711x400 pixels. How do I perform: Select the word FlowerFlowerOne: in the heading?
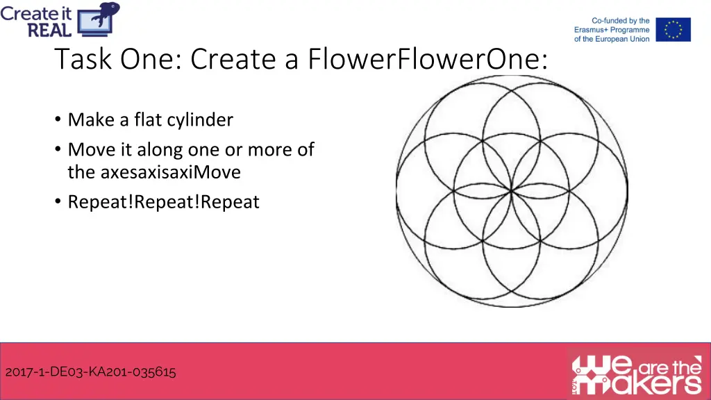(x=426, y=60)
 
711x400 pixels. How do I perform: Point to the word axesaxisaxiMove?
(x=171, y=172)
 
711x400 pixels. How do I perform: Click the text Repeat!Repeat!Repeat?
(x=163, y=202)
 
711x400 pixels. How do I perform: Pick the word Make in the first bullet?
(x=92, y=119)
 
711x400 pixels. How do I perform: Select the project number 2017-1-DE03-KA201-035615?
(x=90, y=372)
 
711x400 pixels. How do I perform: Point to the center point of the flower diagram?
(x=512, y=189)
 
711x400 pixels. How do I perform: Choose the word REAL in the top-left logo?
(x=49, y=29)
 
